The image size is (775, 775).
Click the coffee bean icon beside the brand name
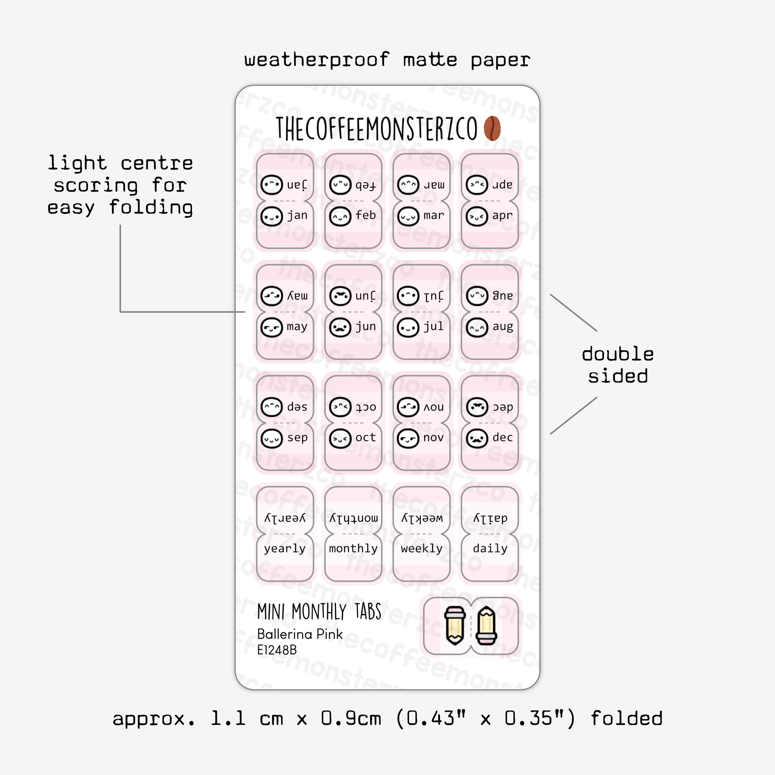pos(492,128)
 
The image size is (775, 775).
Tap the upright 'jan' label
pos(297,216)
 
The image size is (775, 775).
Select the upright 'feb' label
pos(366,215)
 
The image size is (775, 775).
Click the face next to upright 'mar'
pos(408,216)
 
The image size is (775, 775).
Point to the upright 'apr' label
pos(502,216)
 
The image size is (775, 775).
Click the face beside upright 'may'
pos(272,327)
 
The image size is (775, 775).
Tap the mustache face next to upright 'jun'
pos(340,327)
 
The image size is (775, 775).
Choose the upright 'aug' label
pos(503,327)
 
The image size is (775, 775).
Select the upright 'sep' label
pos(297,438)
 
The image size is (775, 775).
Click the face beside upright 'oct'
pos(340,439)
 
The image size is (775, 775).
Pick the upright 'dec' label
pos(503,437)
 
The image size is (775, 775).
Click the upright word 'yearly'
pos(285,549)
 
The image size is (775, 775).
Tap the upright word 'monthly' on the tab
pos(353,548)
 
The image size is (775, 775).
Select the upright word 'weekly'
pos(422,548)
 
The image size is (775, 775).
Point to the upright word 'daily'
pos(490,548)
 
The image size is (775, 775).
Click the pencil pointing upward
pos(487,626)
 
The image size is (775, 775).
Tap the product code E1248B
pos(277,650)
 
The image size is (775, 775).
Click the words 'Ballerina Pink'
pos(300,634)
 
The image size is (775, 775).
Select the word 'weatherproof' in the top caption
pos(317,60)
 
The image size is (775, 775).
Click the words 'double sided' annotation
pos(618,365)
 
